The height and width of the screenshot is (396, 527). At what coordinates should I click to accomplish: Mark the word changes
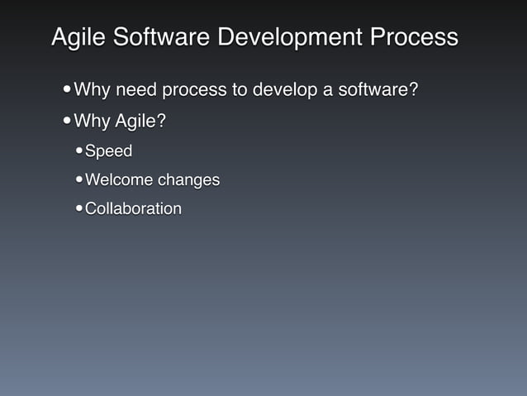190,180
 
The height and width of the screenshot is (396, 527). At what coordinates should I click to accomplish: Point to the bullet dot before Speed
78,152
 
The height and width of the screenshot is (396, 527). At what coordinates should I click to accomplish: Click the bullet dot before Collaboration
78,208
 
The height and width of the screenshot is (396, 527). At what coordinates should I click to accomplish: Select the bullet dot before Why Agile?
66,122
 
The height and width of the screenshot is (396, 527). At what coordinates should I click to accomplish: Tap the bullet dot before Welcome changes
78,180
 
